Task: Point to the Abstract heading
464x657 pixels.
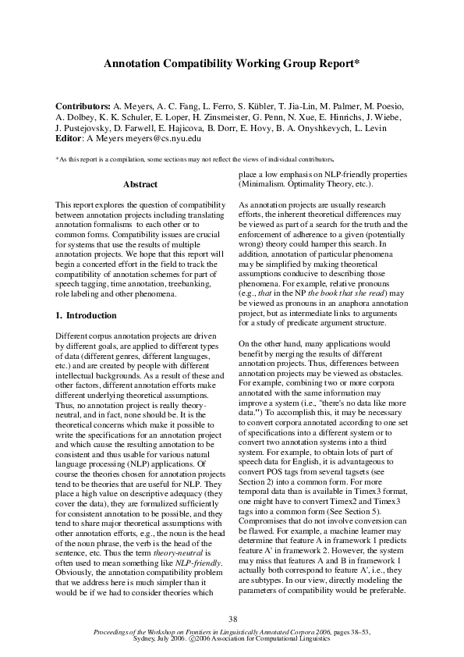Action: coord(141,185)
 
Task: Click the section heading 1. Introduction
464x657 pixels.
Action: coord(86,316)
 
